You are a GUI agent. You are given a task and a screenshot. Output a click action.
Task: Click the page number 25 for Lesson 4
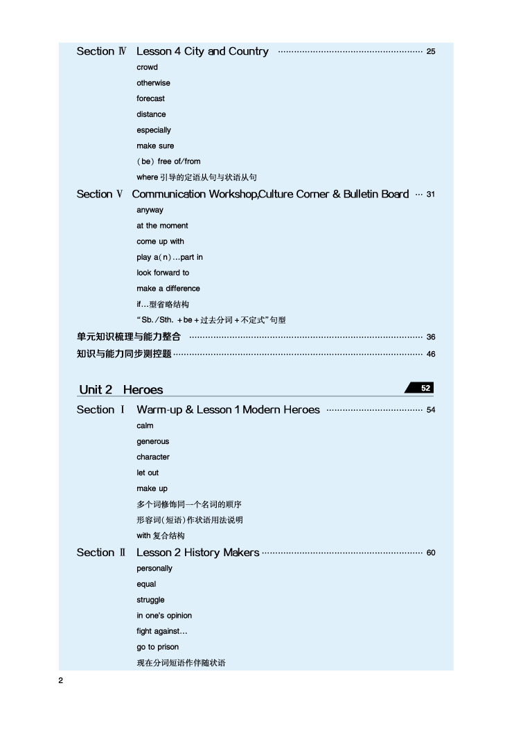(431, 52)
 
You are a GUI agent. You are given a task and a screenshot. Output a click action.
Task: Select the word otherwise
(153, 83)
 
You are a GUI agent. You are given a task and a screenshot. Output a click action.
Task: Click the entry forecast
(150, 99)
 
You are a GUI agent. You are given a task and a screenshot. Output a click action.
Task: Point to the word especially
(154, 130)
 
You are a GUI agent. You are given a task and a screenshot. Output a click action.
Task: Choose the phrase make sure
(155, 146)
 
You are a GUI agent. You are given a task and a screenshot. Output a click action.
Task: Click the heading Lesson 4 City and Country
(202, 51)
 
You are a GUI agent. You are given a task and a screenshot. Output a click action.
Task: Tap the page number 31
(431, 195)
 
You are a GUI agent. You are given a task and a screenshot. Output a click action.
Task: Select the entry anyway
(150, 210)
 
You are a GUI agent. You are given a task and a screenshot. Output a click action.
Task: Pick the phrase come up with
(160, 242)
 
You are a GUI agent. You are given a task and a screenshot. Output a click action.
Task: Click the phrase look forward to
(163, 273)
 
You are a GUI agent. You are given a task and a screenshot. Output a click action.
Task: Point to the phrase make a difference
(168, 289)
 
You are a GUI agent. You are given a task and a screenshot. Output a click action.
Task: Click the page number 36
(431, 337)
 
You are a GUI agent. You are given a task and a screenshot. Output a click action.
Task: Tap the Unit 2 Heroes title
(121, 390)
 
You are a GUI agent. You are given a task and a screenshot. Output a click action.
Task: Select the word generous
(152, 442)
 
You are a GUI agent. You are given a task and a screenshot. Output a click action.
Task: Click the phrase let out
(148, 473)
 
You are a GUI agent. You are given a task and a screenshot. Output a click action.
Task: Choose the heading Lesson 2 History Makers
(198, 553)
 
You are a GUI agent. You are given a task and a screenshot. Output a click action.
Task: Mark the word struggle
(150, 600)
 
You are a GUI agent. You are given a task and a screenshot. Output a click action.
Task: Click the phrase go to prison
(157, 648)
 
